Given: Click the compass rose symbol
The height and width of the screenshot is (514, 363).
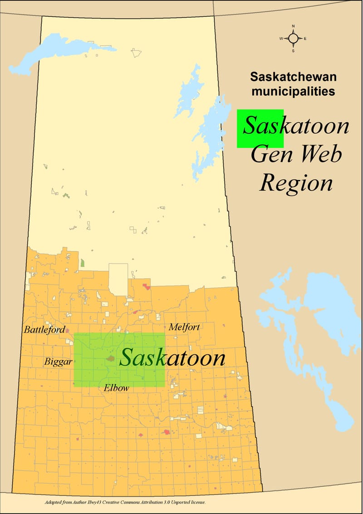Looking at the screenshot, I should click(x=293, y=39).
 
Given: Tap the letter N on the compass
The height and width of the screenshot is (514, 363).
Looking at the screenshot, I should click(x=293, y=26).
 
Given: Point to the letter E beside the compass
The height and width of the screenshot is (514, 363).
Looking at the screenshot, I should click(x=305, y=39).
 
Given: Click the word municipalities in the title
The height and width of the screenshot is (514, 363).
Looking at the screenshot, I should click(x=293, y=91).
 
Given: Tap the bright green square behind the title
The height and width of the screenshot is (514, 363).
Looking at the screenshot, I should click(x=260, y=128).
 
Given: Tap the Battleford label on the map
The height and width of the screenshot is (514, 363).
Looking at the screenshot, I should click(x=44, y=329).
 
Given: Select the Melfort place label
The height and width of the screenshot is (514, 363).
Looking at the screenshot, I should click(x=184, y=327).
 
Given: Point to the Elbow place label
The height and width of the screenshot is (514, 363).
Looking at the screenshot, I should click(x=116, y=388).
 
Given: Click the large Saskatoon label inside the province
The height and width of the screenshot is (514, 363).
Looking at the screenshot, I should click(x=172, y=358).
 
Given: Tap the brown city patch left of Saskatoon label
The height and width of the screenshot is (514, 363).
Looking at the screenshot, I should click(x=109, y=358).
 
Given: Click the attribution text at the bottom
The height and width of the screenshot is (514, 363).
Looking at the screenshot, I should click(x=125, y=503).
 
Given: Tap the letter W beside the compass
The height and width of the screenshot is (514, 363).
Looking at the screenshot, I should click(x=281, y=39).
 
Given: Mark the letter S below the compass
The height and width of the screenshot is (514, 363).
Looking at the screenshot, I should click(x=293, y=51).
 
